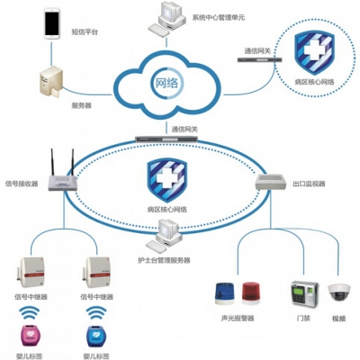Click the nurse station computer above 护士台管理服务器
[165, 237]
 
